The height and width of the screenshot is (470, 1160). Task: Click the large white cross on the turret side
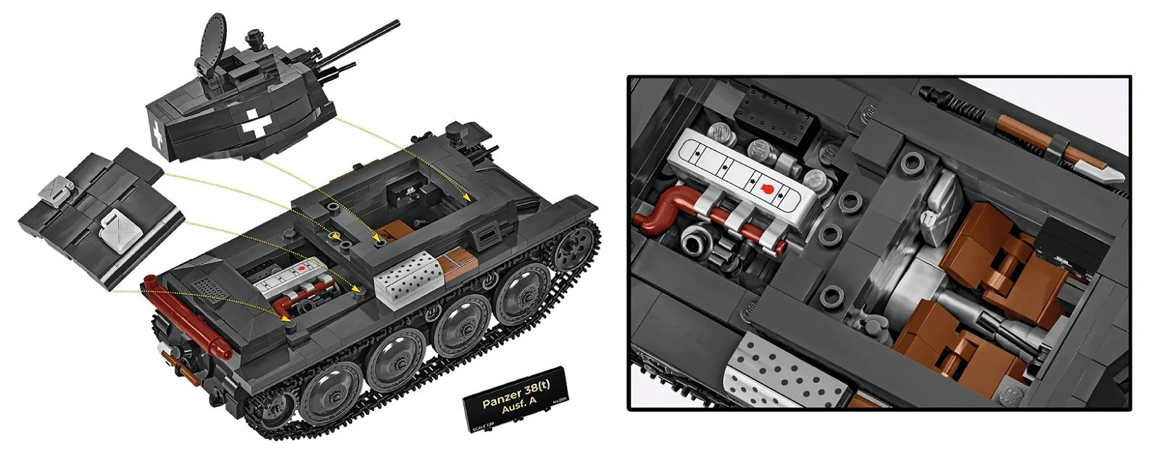255,127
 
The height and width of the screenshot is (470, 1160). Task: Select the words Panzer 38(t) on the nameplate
515,397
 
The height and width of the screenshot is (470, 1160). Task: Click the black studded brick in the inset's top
776,115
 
